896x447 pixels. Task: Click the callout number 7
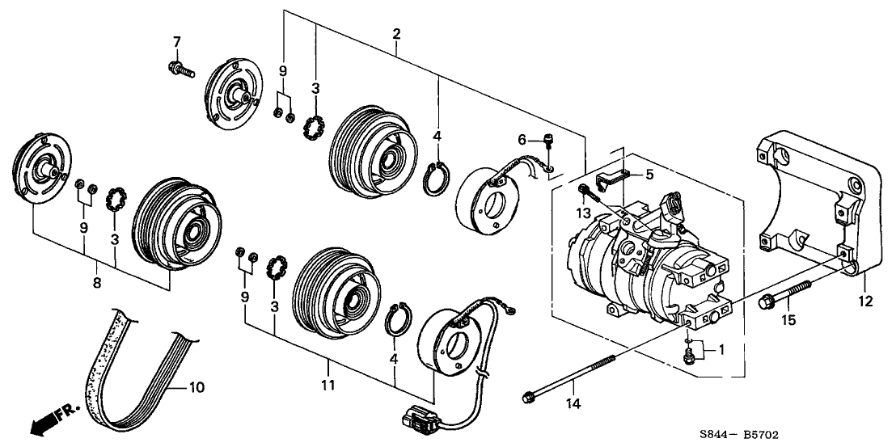point(176,42)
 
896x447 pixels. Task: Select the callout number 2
point(396,34)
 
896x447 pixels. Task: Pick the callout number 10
point(196,387)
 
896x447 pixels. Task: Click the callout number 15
point(788,321)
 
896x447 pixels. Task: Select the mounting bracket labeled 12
point(817,202)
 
